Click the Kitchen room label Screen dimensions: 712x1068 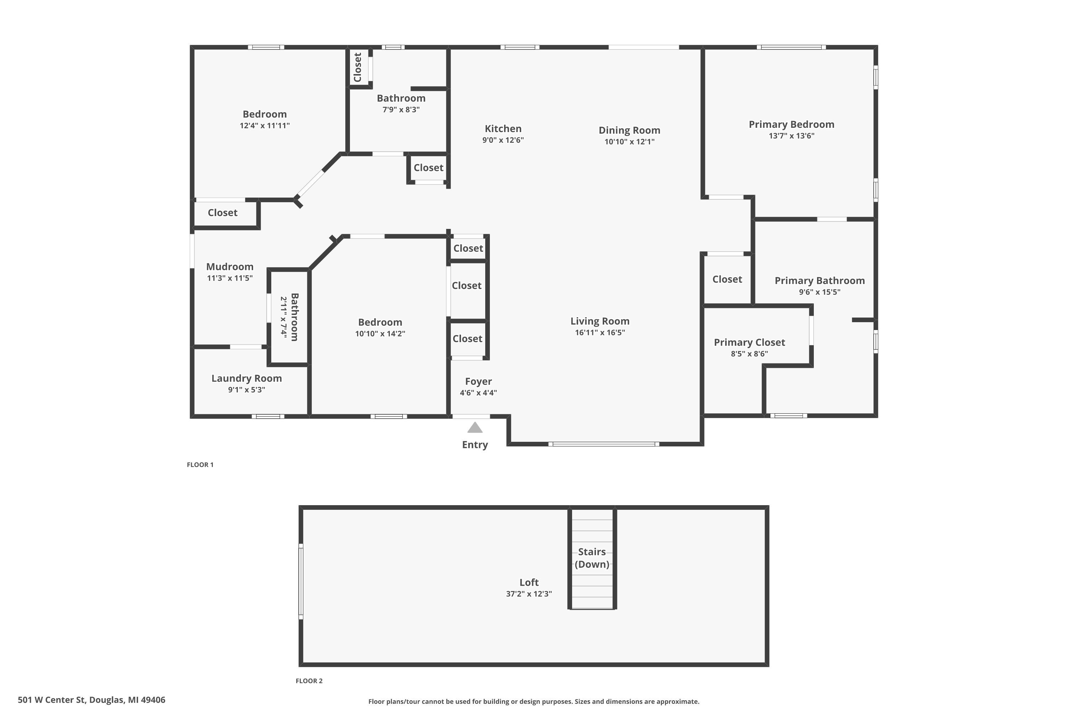coord(503,129)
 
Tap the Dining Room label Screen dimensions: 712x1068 coord(629,130)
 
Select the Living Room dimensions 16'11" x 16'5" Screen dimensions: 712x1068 coord(600,333)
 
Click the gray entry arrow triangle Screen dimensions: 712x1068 coord(475,428)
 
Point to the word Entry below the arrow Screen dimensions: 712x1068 coord(475,445)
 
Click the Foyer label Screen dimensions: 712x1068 coord(478,381)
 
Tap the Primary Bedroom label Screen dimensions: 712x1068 coord(791,124)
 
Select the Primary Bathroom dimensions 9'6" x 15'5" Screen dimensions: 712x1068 coord(819,292)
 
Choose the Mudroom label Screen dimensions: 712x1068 coord(229,267)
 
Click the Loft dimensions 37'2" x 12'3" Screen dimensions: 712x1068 coord(529,594)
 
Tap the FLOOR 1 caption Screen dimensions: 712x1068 coord(200,465)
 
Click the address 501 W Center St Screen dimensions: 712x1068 coord(91,700)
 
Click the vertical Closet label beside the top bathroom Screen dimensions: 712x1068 coord(357,67)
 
